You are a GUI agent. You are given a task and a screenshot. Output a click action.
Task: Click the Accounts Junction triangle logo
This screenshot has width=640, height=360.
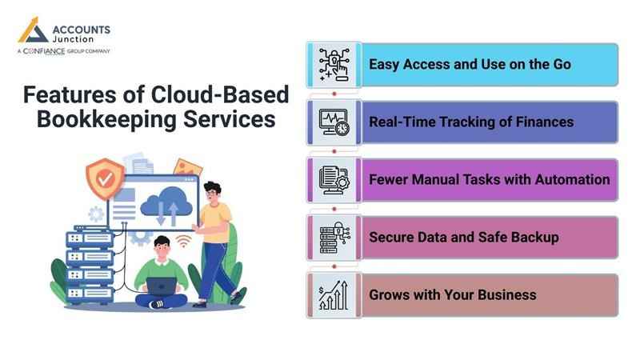pos(33,30)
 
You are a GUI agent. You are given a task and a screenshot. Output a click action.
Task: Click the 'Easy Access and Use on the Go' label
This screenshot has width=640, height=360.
pos(470,64)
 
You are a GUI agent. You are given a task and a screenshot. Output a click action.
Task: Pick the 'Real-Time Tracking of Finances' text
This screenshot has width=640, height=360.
pos(470,122)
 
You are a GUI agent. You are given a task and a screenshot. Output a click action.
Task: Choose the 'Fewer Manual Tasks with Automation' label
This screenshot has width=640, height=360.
pos(489,179)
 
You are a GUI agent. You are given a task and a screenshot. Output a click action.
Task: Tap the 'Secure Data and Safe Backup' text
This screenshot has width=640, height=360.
pos(463,237)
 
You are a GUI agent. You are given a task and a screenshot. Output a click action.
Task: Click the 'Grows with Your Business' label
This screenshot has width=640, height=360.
pos(452,294)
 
